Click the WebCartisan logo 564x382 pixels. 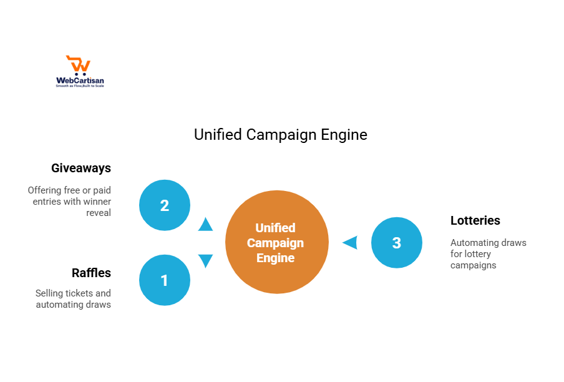coord(80,72)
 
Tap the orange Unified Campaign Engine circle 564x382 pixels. coord(276,243)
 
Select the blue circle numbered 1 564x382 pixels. coord(165,280)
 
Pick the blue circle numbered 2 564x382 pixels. coord(165,205)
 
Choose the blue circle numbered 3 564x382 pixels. coord(397,243)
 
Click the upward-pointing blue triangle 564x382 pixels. coord(205,224)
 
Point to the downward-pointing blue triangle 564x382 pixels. coord(205,260)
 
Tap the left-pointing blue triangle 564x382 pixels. coord(350,242)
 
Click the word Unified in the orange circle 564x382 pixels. coord(275,228)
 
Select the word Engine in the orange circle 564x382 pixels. coord(275,257)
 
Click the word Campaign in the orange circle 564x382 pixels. coord(275,243)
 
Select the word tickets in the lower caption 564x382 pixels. coord(81,293)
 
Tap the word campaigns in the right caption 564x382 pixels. coord(474,265)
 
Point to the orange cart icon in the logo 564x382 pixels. coord(79,65)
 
